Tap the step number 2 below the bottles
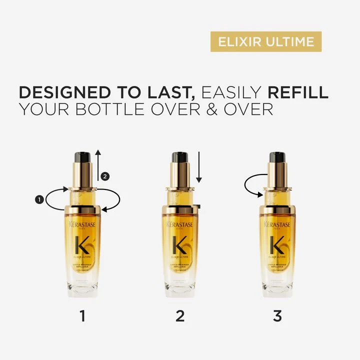180,315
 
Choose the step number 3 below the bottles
277,315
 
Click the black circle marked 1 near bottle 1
38,199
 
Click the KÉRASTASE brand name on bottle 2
180,224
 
